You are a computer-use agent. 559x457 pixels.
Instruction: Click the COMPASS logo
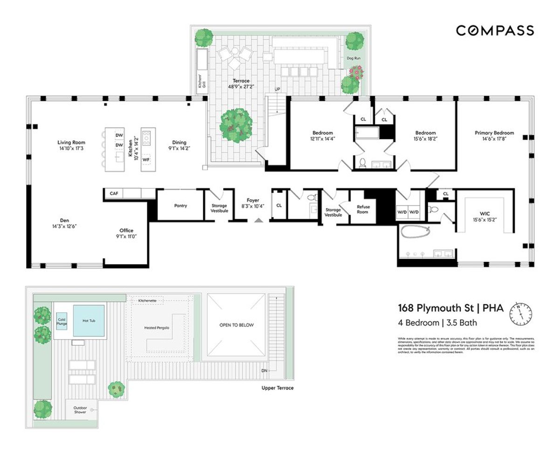tap(495, 31)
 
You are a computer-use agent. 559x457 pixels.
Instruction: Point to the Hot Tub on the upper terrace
tap(89, 321)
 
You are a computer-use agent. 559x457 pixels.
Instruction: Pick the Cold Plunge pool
tap(61, 321)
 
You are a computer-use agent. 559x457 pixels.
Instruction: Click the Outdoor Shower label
tap(80, 409)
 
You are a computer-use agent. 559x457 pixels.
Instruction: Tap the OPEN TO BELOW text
tap(237, 325)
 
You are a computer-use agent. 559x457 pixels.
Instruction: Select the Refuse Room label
tap(362, 209)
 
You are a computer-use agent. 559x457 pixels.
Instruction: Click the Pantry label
tap(180, 205)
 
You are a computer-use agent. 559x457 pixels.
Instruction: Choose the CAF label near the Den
tap(114, 193)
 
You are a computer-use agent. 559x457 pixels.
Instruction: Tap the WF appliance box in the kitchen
tap(146, 159)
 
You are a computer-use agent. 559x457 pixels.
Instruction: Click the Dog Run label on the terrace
tap(353, 58)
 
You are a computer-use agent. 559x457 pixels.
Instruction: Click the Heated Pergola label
tap(156, 328)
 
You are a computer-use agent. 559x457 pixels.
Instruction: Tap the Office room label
tap(126, 230)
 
